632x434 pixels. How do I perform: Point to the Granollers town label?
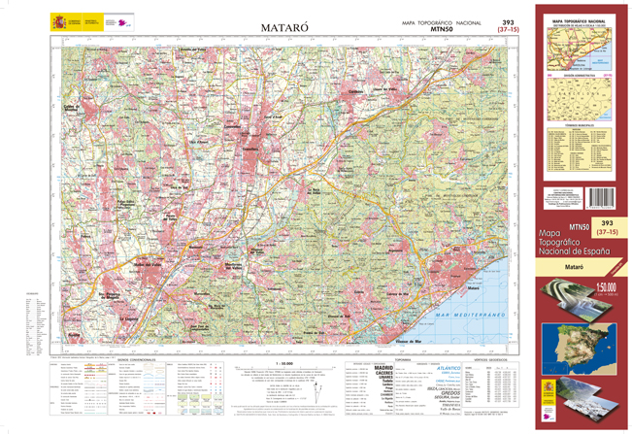255,146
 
